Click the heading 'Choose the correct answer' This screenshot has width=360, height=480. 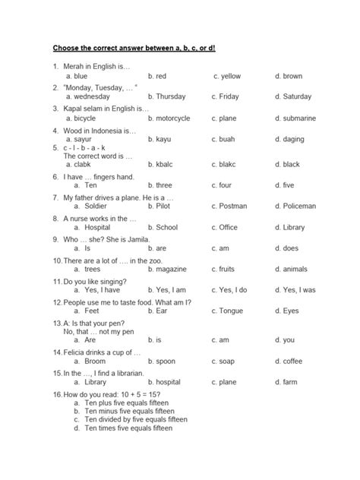pos(134,47)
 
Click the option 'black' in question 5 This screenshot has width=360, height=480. pos(291,164)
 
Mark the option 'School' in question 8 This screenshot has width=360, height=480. pos(166,227)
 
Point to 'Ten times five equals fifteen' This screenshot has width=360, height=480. pos(130,428)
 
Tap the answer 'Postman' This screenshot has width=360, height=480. pos(232,206)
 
